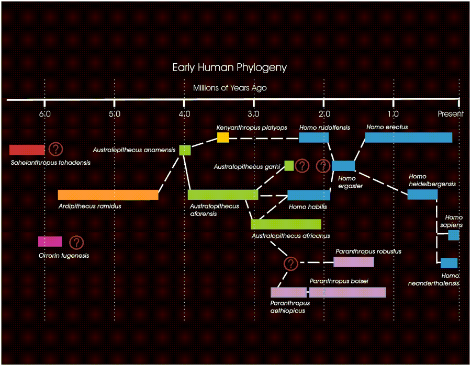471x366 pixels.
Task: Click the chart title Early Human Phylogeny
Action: tap(230, 68)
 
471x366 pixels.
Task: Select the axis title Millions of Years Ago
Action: tap(230, 88)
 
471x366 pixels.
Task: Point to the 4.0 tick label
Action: tap(184, 114)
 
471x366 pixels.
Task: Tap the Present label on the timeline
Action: tap(451, 114)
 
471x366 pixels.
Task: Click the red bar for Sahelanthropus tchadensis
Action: tap(27, 150)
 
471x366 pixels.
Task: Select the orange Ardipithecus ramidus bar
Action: tap(108, 195)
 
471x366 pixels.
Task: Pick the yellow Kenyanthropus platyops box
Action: tap(223, 138)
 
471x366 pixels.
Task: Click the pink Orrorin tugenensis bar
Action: tap(50, 242)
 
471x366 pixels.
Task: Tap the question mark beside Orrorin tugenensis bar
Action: tap(77, 242)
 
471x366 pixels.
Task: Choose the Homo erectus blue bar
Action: tap(408, 138)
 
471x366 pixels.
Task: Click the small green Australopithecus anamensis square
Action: tap(185, 151)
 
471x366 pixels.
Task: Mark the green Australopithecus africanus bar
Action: tap(286, 224)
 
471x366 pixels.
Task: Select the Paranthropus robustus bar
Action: tap(354, 262)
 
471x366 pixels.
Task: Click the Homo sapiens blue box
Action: tap(453, 235)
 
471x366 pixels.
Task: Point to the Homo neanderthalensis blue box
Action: tap(449, 263)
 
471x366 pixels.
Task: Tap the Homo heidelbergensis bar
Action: tap(422, 195)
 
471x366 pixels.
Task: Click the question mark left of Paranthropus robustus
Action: tap(291, 264)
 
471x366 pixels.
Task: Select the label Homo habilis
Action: tap(308, 207)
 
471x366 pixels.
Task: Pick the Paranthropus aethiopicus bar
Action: tap(288, 292)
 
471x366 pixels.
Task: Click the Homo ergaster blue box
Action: tap(343, 166)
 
